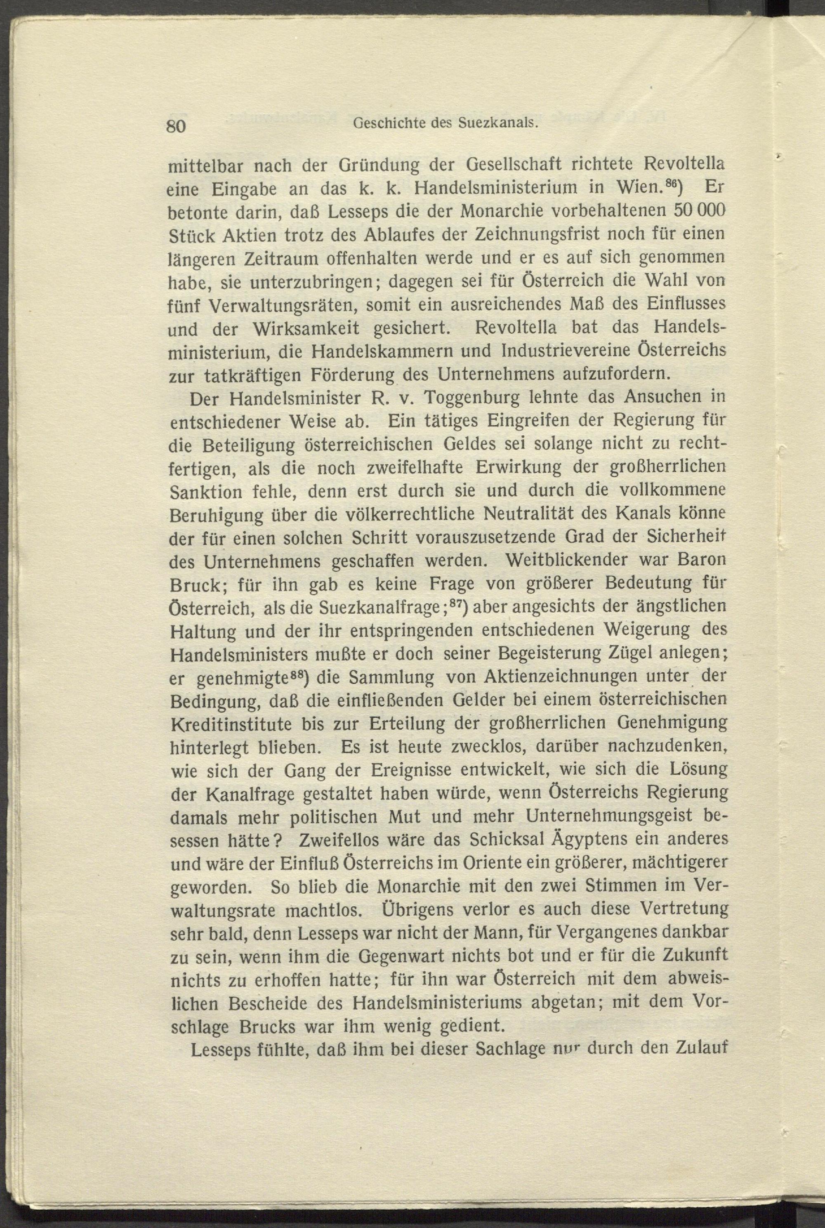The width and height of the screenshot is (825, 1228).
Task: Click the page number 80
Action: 176,127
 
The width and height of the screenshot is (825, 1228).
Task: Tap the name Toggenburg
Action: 464,398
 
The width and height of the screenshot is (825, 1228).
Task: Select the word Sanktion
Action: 206,492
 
